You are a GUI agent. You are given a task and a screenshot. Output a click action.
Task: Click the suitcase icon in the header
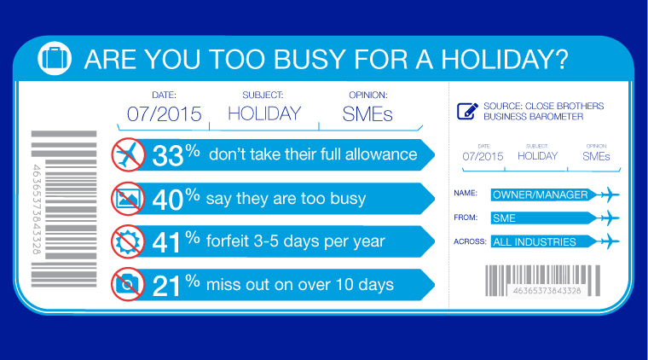55,58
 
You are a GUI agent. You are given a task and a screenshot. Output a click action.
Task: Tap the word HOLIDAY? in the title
505,59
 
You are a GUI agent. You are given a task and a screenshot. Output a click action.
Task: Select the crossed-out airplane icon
128,154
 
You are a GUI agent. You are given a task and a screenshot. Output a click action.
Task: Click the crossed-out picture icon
128,199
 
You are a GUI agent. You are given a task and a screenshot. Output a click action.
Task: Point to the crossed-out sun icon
128,241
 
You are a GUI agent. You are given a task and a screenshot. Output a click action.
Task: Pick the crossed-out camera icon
128,284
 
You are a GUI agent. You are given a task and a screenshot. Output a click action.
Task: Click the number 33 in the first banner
167,156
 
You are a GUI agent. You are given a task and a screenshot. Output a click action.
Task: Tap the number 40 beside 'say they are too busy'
167,200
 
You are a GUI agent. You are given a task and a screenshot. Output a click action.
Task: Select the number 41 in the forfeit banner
166,242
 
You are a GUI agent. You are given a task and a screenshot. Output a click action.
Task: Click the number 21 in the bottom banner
166,286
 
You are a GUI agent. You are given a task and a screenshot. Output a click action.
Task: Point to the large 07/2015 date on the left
164,114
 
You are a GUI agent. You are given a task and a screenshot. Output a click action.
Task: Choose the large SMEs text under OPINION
367,114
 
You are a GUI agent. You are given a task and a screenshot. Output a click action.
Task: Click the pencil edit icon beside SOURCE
467,111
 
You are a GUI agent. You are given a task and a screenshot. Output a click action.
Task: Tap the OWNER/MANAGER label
540,195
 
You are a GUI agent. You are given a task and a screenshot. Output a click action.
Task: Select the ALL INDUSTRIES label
535,241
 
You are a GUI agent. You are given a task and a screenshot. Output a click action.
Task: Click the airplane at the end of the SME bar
608,218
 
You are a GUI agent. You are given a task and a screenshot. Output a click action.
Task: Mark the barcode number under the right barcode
547,291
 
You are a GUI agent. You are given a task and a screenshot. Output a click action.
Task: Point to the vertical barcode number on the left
37,209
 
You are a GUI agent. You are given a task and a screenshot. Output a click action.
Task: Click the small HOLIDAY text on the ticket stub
538,156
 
